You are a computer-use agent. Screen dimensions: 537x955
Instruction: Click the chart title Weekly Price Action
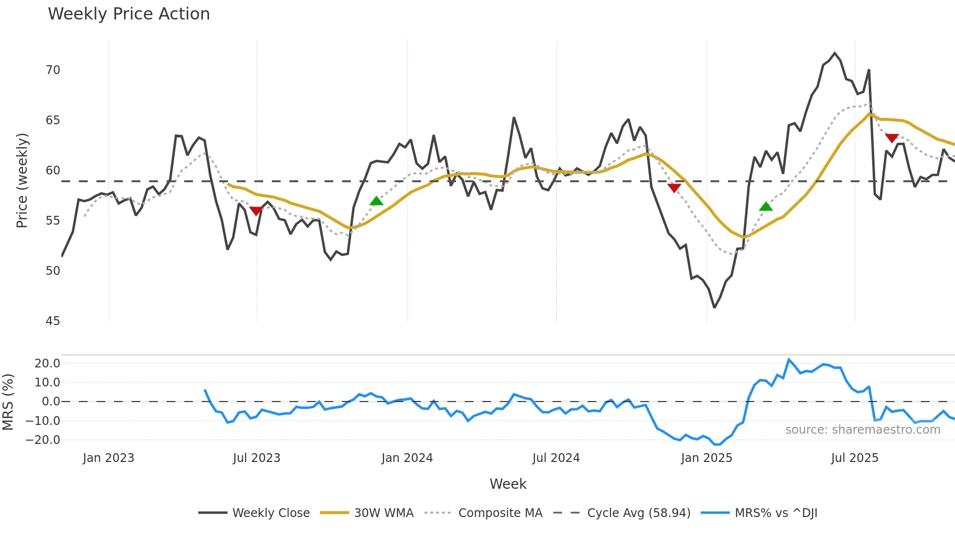(129, 14)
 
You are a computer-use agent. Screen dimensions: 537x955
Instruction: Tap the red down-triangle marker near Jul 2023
(256, 211)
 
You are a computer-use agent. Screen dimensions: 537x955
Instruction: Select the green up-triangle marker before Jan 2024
(376, 201)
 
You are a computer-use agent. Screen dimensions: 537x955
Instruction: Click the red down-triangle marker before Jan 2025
(674, 188)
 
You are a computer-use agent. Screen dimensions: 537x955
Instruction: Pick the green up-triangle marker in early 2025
(766, 207)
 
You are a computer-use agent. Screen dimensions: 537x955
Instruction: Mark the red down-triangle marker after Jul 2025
(892, 138)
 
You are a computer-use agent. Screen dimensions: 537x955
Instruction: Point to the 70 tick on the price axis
(53, 70)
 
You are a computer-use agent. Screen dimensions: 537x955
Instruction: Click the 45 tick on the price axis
(53, 321)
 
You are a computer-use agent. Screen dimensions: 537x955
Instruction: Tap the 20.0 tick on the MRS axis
(47, 364)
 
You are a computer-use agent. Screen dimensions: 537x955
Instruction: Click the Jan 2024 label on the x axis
(407, 458)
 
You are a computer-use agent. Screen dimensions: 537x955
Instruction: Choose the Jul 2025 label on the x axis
(855, 458)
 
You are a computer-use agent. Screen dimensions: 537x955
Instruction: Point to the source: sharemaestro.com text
(862, 430)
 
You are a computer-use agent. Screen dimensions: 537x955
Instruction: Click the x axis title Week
(508, 484)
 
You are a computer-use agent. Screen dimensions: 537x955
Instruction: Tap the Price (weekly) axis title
(22, 180)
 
